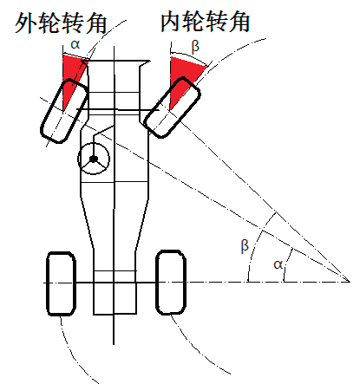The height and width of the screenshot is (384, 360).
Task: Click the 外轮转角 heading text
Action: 61,23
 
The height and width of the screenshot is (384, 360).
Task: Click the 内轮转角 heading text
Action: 205,21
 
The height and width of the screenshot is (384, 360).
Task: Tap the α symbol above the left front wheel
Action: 75,44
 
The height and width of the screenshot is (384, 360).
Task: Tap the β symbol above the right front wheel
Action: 195,46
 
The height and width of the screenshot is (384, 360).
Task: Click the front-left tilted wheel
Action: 64,111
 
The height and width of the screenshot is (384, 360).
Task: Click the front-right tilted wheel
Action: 172,107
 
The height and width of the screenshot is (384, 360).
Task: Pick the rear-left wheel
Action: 61,283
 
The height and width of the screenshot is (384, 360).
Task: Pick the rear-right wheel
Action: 171,283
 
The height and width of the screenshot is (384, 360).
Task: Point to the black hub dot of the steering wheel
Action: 94,159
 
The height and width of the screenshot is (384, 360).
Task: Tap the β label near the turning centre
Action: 245,246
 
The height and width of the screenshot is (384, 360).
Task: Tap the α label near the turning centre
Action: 278,264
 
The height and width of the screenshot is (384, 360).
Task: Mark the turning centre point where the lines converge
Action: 350,282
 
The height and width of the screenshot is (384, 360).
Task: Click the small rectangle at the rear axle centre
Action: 115,292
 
